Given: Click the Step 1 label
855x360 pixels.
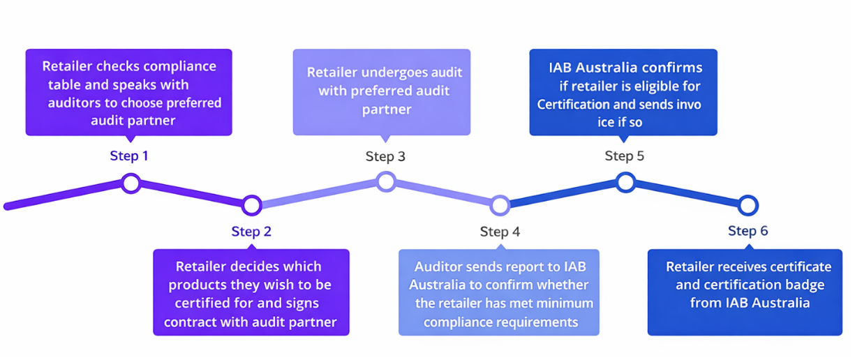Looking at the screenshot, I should [129, 156].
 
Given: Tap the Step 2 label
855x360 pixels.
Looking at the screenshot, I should [251, 232].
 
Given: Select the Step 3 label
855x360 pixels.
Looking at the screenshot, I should [385, 156].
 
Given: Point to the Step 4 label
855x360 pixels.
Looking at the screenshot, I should [500, 232].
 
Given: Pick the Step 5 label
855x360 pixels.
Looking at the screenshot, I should [625, 156].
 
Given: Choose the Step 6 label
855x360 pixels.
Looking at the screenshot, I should [748, 231].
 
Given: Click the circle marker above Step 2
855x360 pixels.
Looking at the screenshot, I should [252, 205].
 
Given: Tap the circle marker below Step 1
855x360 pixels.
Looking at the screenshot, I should [131, 183].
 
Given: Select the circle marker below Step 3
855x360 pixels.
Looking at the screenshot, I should [386, 182].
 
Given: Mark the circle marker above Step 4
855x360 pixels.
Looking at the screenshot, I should [500, 205].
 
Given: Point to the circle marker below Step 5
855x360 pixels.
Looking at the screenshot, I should [625, 183].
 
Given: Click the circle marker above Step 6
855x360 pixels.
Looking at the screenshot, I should [748, 205].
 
